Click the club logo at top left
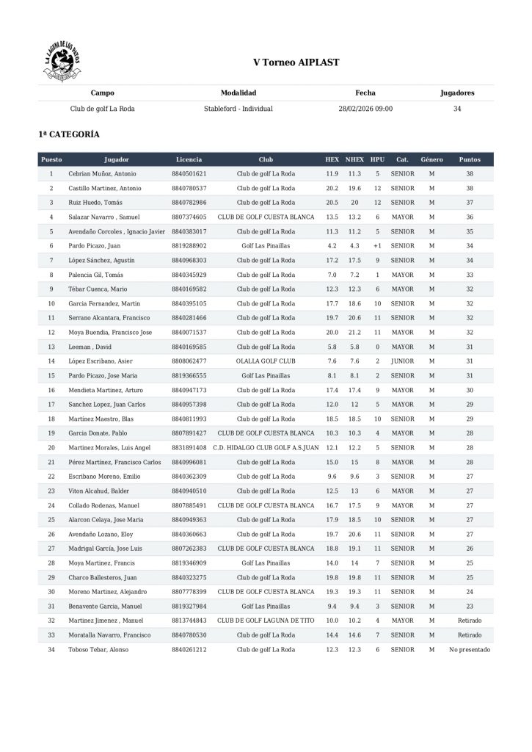(62, 62)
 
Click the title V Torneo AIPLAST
(296, 62)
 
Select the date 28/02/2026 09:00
(365, 109)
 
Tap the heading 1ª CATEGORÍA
(69, 135)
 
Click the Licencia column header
(189, 159)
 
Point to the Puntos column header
(470, 159)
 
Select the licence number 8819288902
(189, 246)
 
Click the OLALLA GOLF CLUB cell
(266, 361)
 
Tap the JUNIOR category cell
(402, 361)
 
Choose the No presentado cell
(470, 650)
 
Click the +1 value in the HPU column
(377, 246)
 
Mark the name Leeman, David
(91, 347)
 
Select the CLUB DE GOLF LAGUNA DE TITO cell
(266, 621)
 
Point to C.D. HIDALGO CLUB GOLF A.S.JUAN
(266, 448)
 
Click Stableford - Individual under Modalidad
(238, 109)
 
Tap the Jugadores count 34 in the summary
(457, 109)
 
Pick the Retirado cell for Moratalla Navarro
(470, 635)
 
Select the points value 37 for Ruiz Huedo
(470, 203)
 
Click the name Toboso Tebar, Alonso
(98, 650)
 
